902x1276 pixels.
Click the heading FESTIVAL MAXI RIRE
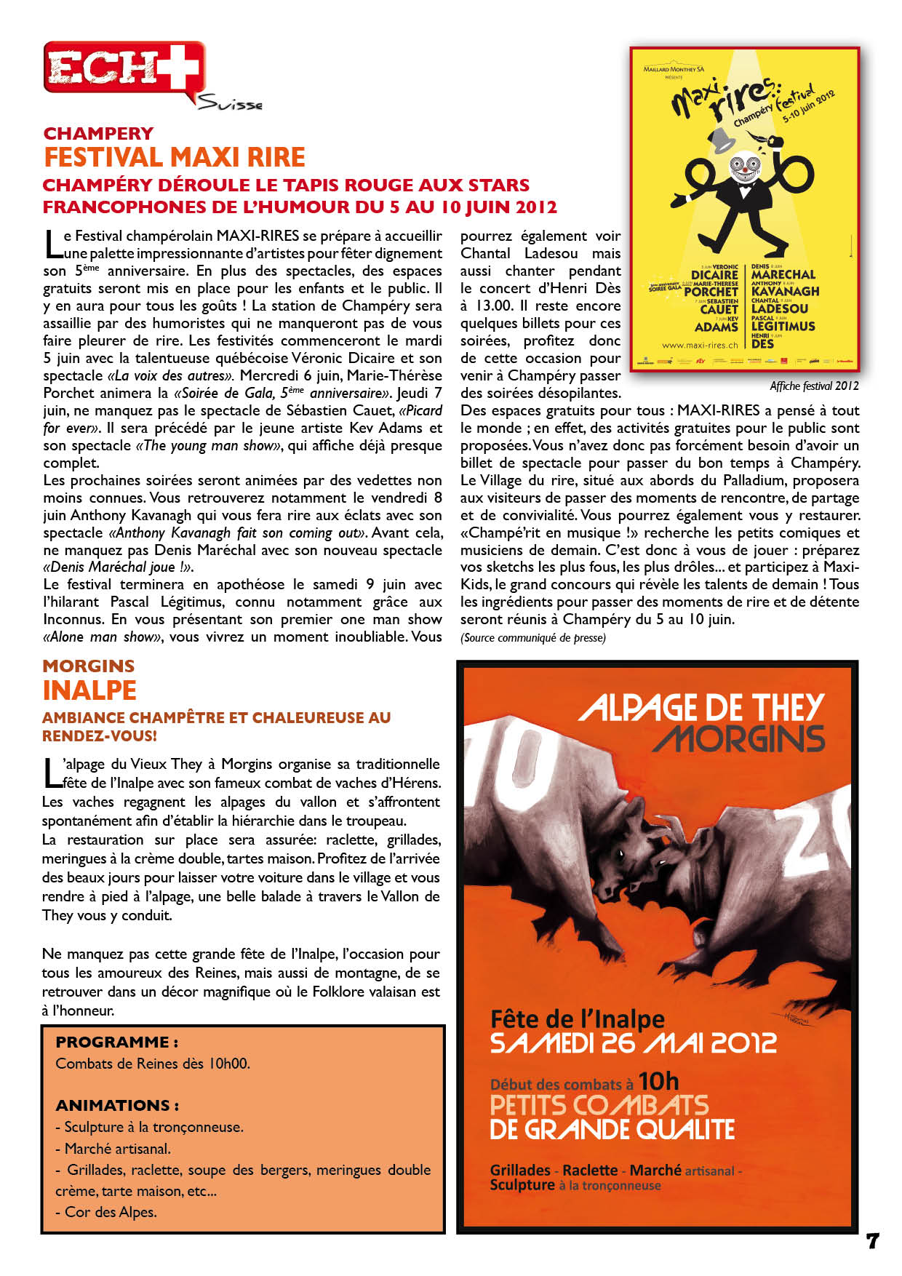tap(175, 157)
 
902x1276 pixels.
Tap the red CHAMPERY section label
tap(98, 133)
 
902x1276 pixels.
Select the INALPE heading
tap(89, 690)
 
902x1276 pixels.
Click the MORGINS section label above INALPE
tap(88, 666)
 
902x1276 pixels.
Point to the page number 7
tap(872, 1240)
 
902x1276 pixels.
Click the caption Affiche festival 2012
tap(814, 386)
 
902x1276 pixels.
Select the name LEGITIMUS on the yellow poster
tap(783, 327)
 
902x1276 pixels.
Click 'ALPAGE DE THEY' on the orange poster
tap(701, 707)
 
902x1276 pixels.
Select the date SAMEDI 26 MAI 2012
tap(634, 1043)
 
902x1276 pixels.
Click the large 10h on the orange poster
tap(658, 1081)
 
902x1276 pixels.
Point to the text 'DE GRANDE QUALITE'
tap(612, 1130)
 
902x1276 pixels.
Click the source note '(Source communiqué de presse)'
tap(532, 638)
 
